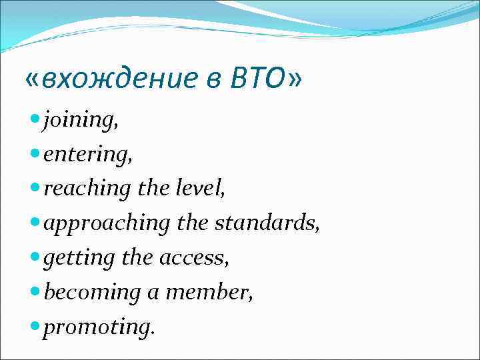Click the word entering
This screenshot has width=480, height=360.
click(x=87, y=155)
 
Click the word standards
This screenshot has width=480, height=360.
click(x=267, y=224)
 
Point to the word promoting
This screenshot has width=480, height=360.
click(x=98, y=327)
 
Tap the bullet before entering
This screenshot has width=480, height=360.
click(x=35, y=154)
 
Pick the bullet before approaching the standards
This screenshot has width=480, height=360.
click(x=35, y=223)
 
